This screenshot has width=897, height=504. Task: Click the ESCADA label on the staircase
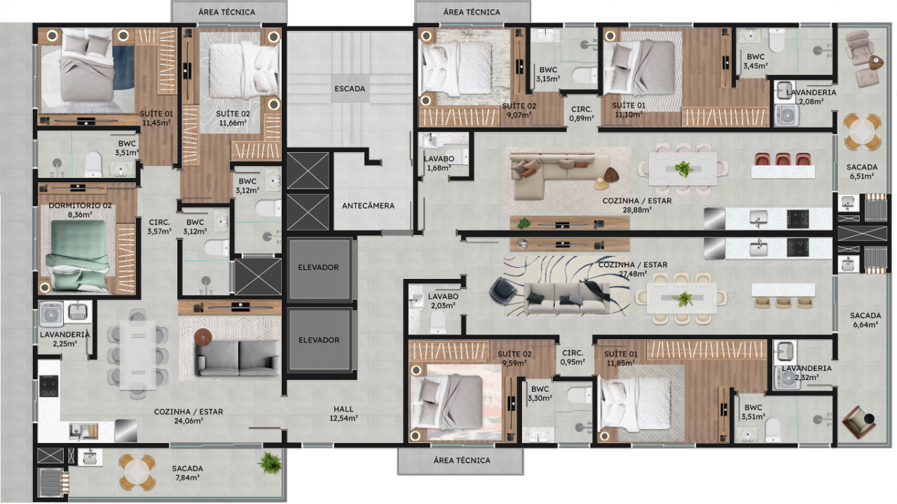(350, 88)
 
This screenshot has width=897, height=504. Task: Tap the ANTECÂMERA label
(368, 205)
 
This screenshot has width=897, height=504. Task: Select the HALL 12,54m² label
(343, 414)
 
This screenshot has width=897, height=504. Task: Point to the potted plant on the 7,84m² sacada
(269, 463)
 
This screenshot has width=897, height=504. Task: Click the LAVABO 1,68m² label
(439, 163)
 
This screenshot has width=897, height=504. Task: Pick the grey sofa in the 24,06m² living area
(239, 357)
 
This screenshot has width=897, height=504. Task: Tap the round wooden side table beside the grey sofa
(203, 337)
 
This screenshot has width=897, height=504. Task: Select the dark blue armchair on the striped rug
(503, 290)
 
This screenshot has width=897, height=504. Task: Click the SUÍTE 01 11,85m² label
(620, 358)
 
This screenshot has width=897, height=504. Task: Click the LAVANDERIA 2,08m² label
(811, 97)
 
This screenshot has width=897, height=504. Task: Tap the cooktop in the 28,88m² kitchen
(797, 219)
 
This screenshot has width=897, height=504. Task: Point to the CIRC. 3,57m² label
(159, 226)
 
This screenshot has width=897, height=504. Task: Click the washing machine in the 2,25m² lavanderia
(51, 314)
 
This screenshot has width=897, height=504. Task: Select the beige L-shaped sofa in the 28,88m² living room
(561, 175)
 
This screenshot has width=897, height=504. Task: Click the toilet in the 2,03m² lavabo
(438, 322)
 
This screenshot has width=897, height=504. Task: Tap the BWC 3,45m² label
(755, 61)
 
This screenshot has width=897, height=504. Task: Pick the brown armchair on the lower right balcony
(858, 422)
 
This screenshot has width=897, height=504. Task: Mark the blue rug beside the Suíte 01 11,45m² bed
(123, 67)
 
